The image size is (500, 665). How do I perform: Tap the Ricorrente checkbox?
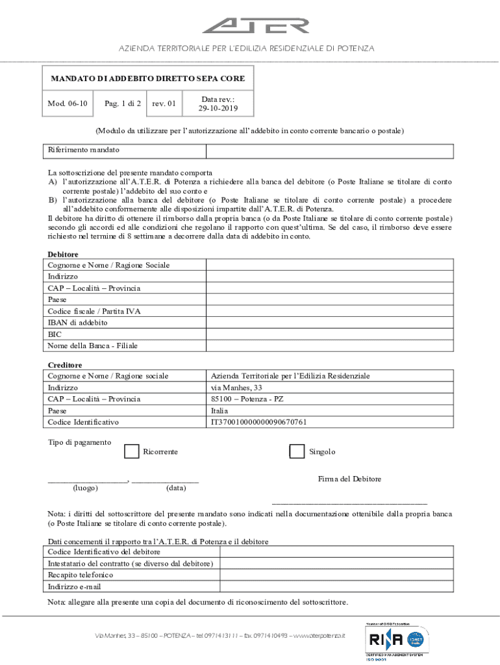point(131,451)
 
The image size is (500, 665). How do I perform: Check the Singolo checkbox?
point(297,451)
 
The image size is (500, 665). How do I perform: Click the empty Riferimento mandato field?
point(329,150)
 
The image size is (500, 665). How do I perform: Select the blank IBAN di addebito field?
point(329,323)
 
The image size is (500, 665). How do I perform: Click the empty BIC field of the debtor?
point(329,334)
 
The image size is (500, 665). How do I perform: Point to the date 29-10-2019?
point(218,108)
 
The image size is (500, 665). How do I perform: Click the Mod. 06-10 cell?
point(68,103)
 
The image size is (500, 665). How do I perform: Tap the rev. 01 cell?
point(164,103)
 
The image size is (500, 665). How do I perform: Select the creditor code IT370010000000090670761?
point(259,422)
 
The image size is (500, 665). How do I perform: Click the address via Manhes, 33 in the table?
point(237,388)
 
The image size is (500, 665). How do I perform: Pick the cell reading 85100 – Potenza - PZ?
point(247,399)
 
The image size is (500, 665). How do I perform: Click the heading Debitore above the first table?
point(63,255)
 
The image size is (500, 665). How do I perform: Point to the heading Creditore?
point(65,365)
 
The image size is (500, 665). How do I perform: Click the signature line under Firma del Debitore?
point(349,503)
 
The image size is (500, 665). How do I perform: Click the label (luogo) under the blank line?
point(86,488)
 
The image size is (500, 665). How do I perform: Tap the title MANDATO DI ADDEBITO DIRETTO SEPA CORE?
point(148,79)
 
